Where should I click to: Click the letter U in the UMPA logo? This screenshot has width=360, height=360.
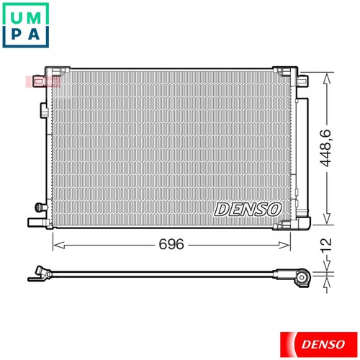(13, 14)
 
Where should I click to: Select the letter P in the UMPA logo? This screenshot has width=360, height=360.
(13, 35)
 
